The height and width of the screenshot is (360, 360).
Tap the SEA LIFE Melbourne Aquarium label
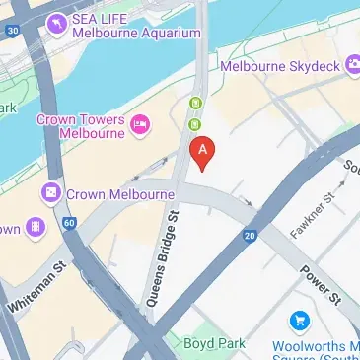click(128, 26)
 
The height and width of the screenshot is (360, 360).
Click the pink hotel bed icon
click(140, 124)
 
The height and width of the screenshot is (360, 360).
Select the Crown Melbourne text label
click(120, 194)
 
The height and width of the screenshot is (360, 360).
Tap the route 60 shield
click(69, 224)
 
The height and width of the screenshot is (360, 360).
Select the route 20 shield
click(250, 234)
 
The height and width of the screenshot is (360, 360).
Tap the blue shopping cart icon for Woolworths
click(297, 321)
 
